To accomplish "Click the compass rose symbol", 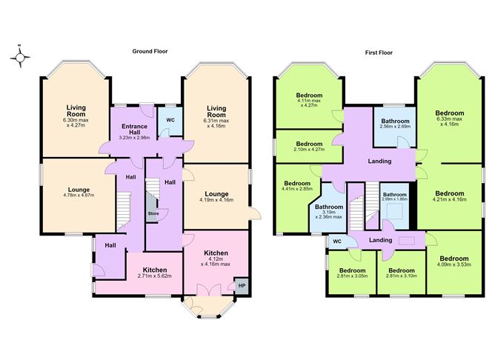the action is tap(20, 57).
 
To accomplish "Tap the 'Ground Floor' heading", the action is tap(150, 51).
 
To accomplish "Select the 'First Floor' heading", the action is tap(379, 53).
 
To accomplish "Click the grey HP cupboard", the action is tap(242, 286).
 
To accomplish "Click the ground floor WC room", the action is tap(170, 121).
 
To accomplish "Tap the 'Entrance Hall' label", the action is tap(134, 129).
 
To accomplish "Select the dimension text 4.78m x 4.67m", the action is tap(79, 196).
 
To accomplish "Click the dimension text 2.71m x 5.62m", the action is tap(155, 276).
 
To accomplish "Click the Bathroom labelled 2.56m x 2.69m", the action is tap(395, 127).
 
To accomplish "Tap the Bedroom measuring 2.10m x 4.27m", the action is tap(309, 146).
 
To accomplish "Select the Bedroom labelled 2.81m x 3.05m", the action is tap(352, 273).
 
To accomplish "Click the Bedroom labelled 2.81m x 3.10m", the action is tap(402, 273).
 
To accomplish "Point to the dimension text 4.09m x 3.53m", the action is tap(454, 264).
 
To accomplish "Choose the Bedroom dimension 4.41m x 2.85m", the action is tap(297, 189).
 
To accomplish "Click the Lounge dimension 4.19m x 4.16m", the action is tap(216, 200).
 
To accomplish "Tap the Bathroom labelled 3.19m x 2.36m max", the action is tap(329, 215).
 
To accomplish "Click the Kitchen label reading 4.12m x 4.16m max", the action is tap(216, 261).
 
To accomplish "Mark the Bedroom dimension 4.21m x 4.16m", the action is tap(450, 199).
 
